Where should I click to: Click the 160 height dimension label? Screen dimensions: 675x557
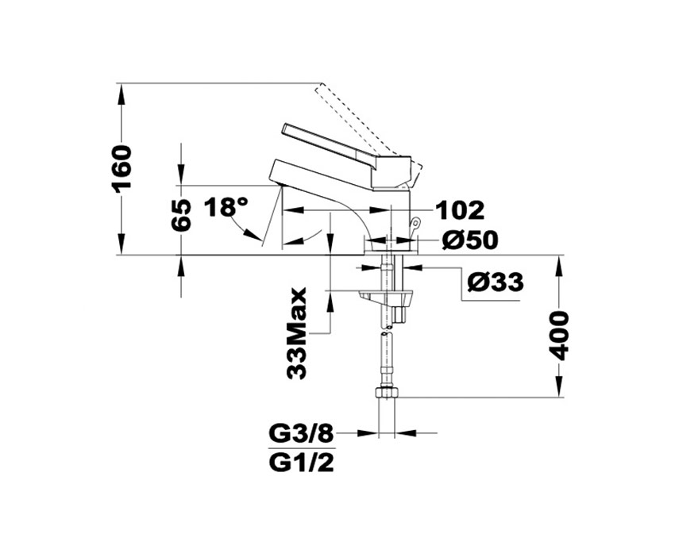point(121,169)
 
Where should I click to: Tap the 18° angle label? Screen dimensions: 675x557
point(227,207)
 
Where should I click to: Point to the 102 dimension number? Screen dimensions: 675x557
point(460,210)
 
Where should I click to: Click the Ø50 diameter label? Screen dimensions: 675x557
point(469,240)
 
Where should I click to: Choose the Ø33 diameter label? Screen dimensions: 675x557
point(496,282)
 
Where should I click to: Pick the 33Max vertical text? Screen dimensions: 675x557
point(297,333)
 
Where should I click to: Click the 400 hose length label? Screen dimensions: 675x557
point(559,335)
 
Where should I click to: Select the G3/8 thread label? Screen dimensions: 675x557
point(301,434)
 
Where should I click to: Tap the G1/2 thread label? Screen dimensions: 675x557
point(301,463)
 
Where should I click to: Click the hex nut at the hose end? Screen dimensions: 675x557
point(387,392)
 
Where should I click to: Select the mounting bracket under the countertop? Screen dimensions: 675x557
point(385,297)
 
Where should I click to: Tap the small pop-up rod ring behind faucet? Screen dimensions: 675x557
point(415,222)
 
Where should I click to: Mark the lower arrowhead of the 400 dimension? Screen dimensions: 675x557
point(559,386)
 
